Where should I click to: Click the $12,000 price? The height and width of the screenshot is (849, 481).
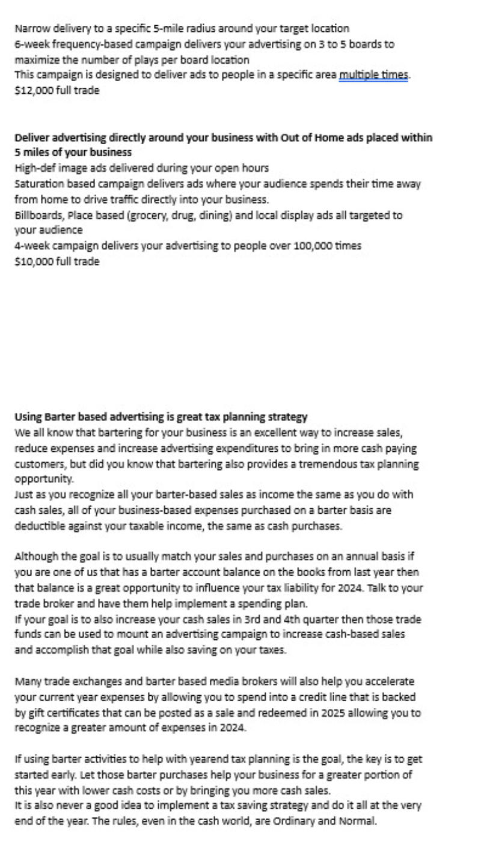[x=33, y=91]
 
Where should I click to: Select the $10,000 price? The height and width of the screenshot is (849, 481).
[x=33, y=261]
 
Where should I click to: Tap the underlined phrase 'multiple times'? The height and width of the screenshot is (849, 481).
[x=373, y=75]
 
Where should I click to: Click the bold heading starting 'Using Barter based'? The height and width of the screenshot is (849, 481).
[x=161, y=417]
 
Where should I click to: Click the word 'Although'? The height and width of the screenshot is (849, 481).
[x=34, y=557]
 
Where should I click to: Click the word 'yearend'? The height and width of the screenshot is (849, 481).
[x=191, y=759]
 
